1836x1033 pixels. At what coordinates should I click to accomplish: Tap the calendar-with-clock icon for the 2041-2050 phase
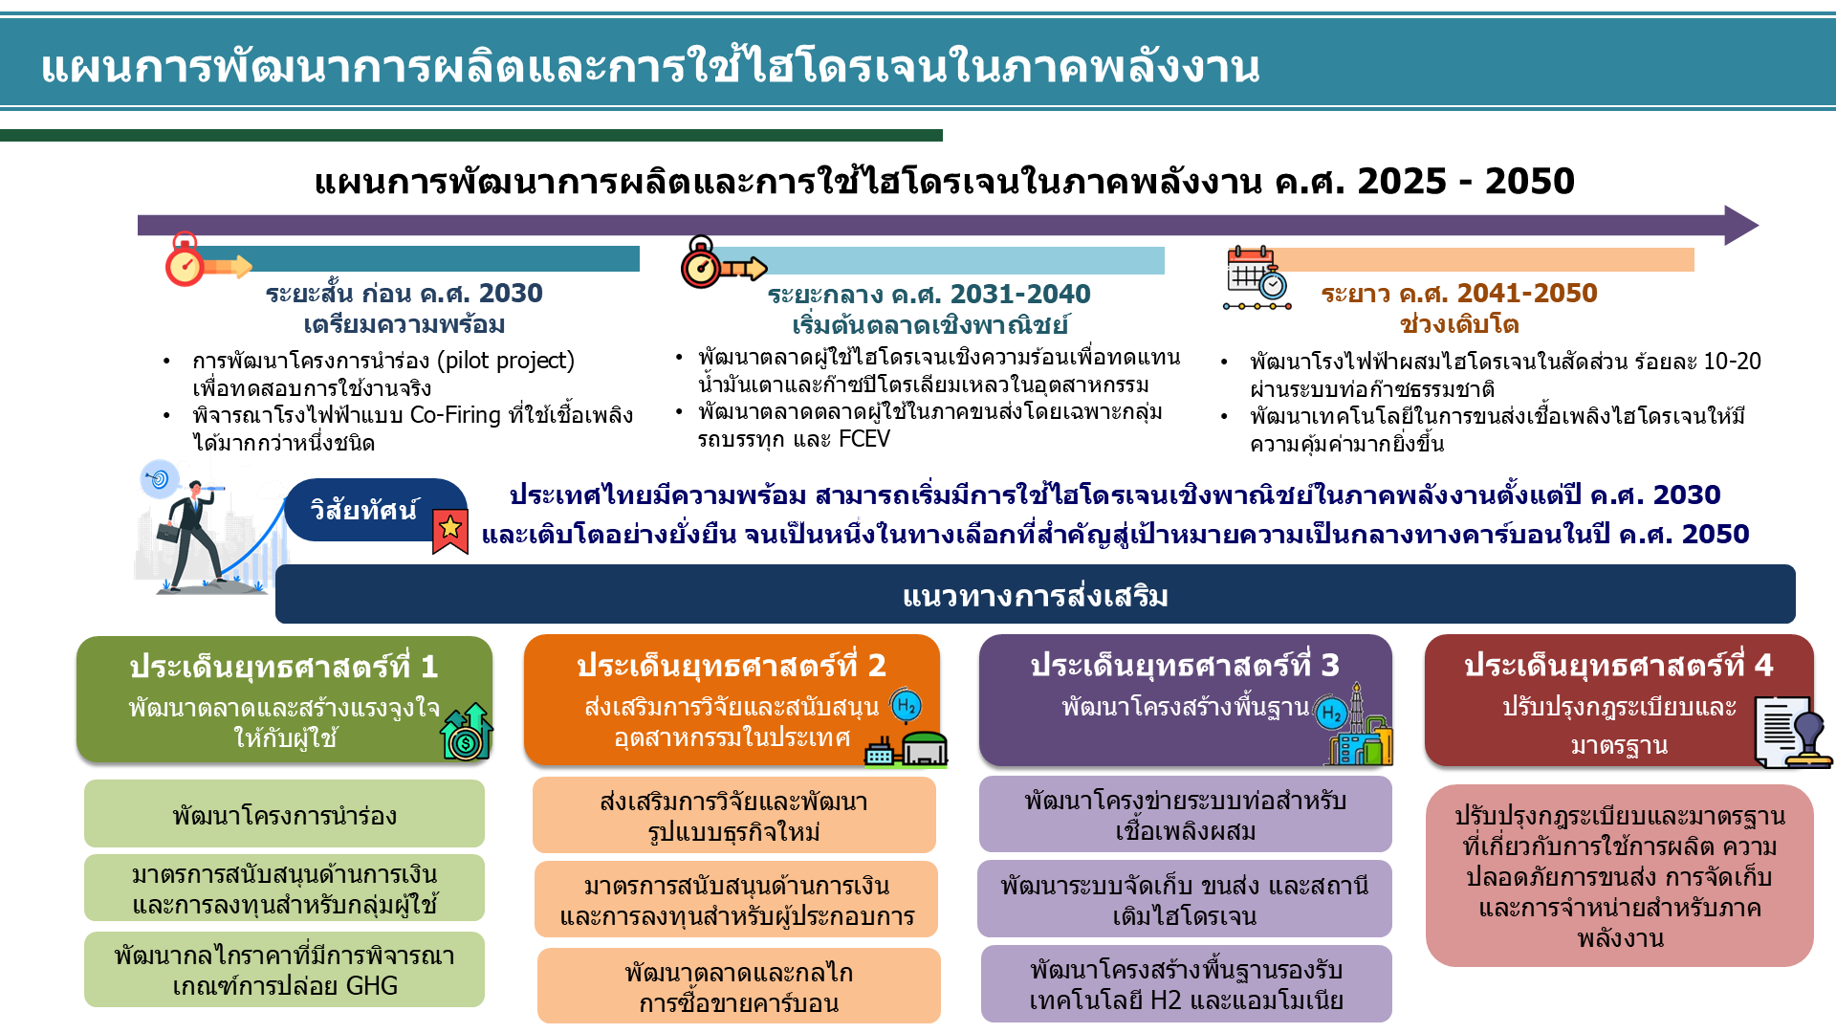coord(1257,278)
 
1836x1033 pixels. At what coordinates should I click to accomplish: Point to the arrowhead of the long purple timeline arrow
coord(1741,226)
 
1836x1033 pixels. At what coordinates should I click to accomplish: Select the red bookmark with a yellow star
coord(449,531)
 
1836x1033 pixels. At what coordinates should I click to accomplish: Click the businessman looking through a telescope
coord(197,531)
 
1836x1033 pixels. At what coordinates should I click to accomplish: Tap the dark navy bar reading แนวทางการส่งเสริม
coord(1035,595)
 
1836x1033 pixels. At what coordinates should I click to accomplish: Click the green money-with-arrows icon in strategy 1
coord(467,733)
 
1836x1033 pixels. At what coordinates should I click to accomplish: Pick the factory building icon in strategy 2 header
coord(906,749)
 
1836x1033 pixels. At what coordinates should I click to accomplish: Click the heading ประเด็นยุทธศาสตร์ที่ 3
coord(1185,666)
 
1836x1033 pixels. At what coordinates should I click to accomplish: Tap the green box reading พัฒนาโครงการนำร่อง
coord(284,814)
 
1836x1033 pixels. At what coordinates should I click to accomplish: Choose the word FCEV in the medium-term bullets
coord(864,439)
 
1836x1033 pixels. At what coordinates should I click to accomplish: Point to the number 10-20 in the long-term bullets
coord(1732,362)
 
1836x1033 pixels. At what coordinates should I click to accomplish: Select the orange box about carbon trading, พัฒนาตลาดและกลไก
coord(738,986)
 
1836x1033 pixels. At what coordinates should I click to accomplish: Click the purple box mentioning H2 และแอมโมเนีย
coord(1186,984)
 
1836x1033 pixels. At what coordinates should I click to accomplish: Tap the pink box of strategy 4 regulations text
coord(1619,876)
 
